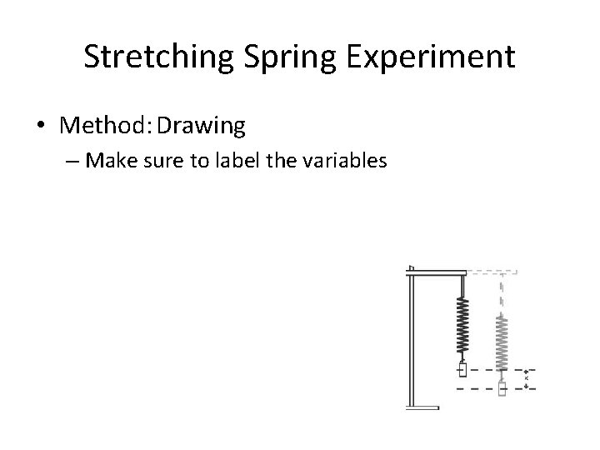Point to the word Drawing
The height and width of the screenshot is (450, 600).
(x=202, y=126)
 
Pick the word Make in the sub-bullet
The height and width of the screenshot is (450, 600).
(x=107, y=160)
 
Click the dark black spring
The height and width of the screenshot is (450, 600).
(x=463, y=326)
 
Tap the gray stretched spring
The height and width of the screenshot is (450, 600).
(x=502, y=342)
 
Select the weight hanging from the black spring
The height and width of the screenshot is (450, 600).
(x=463, y=369)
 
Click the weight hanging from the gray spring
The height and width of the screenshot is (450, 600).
(x=502, y=388)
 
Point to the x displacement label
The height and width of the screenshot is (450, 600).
(x=526, y=379)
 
